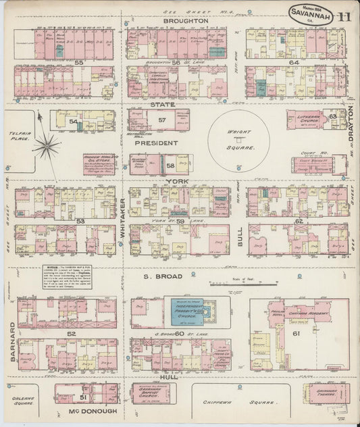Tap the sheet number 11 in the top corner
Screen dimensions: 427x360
[344, 16]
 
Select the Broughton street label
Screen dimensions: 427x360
[184, 21]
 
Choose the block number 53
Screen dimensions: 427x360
[61, 220]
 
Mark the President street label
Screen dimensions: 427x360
[157, 143]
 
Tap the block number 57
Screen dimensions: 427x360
[161, 120]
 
